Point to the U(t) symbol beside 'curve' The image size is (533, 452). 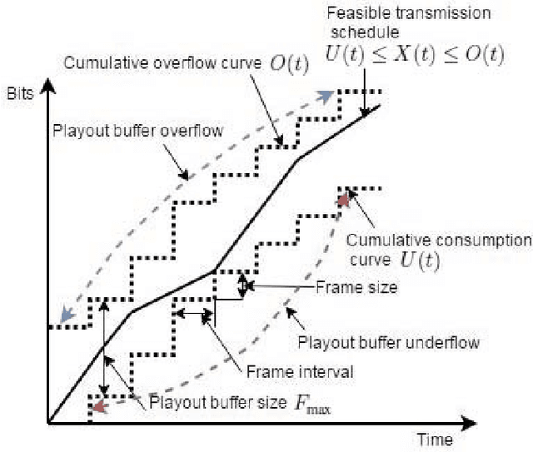tap(423, 261)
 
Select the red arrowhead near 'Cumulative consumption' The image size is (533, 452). tap(342, 201)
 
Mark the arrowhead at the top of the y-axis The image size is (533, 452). tap(49, 86)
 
